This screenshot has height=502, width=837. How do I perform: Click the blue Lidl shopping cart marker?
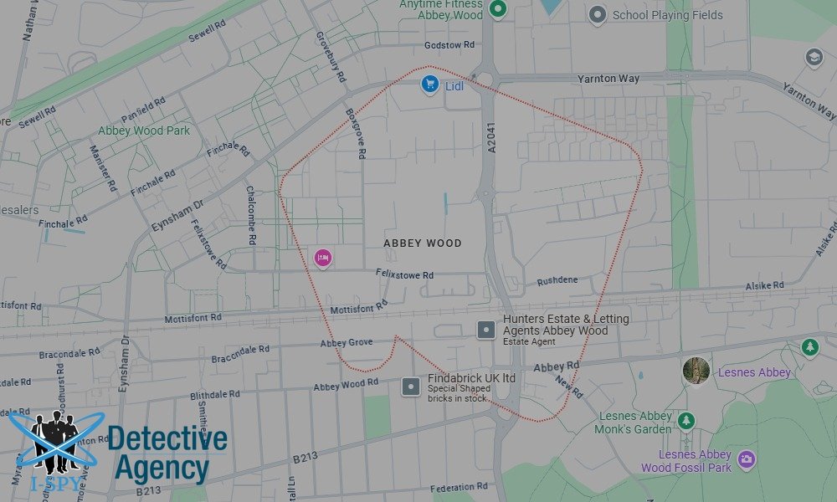point(430,84)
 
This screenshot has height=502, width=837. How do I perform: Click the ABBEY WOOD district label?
point(423,243)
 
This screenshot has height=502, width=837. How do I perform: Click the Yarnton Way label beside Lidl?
point(608,79)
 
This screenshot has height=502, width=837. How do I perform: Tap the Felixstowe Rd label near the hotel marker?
point(405,275)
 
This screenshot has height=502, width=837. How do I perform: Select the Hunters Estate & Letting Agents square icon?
point(485,330)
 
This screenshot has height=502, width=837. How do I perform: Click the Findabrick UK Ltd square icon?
point(411,387)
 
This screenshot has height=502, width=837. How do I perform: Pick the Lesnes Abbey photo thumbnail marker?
point(696,371)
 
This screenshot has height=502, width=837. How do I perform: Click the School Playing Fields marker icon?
point(597,14)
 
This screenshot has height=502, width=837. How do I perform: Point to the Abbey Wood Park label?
point(144,131)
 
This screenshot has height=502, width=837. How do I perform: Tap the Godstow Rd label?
point(449,44)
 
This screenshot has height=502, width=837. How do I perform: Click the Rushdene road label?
point(557,280)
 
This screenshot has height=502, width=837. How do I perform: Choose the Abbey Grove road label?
point(346,343)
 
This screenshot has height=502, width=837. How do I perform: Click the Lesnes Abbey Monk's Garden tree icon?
point(686,418)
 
